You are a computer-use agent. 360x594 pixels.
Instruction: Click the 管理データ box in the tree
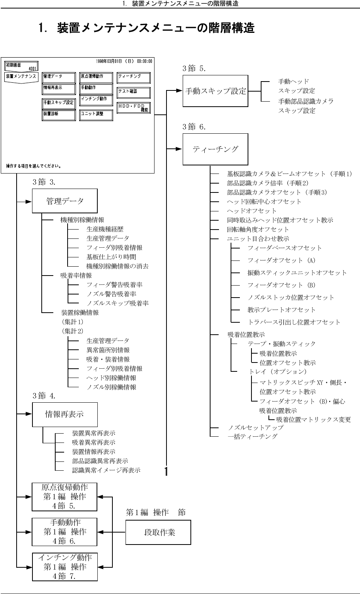coord(65,201)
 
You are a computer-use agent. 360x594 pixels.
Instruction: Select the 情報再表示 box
coord(65,414)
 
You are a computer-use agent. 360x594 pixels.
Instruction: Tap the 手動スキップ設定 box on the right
coord(215,91)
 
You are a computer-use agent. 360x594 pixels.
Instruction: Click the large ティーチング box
coord(215,149)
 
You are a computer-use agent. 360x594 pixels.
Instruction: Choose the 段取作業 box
coord(158,532)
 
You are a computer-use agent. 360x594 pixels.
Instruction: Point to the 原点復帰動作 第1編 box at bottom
coord(65,497)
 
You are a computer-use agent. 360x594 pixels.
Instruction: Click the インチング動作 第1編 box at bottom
coord(65,567)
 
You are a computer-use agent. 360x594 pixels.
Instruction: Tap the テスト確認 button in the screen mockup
coord(133,92)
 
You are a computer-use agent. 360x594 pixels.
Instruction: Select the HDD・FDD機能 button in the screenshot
coord(133,108)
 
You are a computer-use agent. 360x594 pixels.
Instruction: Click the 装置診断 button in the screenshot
coord(59,115)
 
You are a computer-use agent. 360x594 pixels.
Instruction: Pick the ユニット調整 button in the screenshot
coord(96,115)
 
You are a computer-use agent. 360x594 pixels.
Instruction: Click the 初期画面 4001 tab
coord(21,66)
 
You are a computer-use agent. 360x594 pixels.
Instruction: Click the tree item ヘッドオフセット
coord(251,211)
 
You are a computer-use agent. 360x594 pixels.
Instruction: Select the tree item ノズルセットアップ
coord(255,427)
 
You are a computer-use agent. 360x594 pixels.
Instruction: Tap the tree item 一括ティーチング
coord(252,437)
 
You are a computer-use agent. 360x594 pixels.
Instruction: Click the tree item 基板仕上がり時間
coord(111,257)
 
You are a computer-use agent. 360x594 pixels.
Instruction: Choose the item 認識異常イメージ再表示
coord(106,470)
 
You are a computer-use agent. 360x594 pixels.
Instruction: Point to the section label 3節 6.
coord(194,127)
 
